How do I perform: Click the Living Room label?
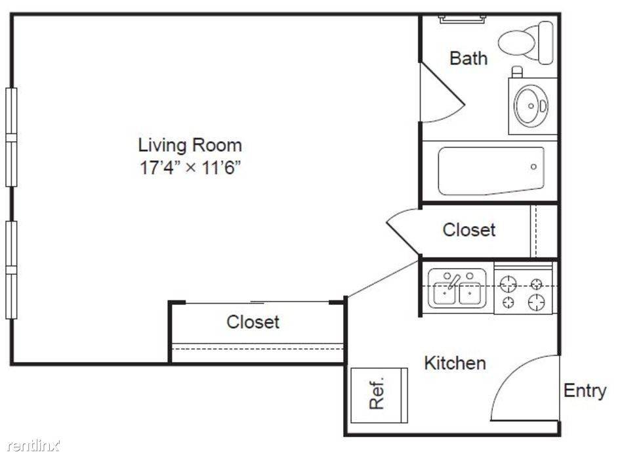click(x=190, y=145)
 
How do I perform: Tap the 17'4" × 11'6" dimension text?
click(x=190, y=167)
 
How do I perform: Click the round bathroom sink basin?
click(x=531, y=106)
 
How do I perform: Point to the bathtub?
click(x=491, y=172)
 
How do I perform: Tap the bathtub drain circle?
click(x=533, y=167)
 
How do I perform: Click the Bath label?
click(x=468, y=58)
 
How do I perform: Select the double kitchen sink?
click(x=457, y=288)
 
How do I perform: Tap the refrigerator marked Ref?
click(x=379, y=395)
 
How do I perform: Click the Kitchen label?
click(x=455, y=363)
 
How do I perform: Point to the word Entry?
click(x=585, y=391)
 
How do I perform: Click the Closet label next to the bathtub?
click(x=469, y=230)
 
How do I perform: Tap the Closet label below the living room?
click(x=253, y=322)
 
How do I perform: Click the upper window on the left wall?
click(x=12, y=137)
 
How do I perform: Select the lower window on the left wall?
click(x=12, y=270)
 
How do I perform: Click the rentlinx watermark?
click(x=33, y=446)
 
